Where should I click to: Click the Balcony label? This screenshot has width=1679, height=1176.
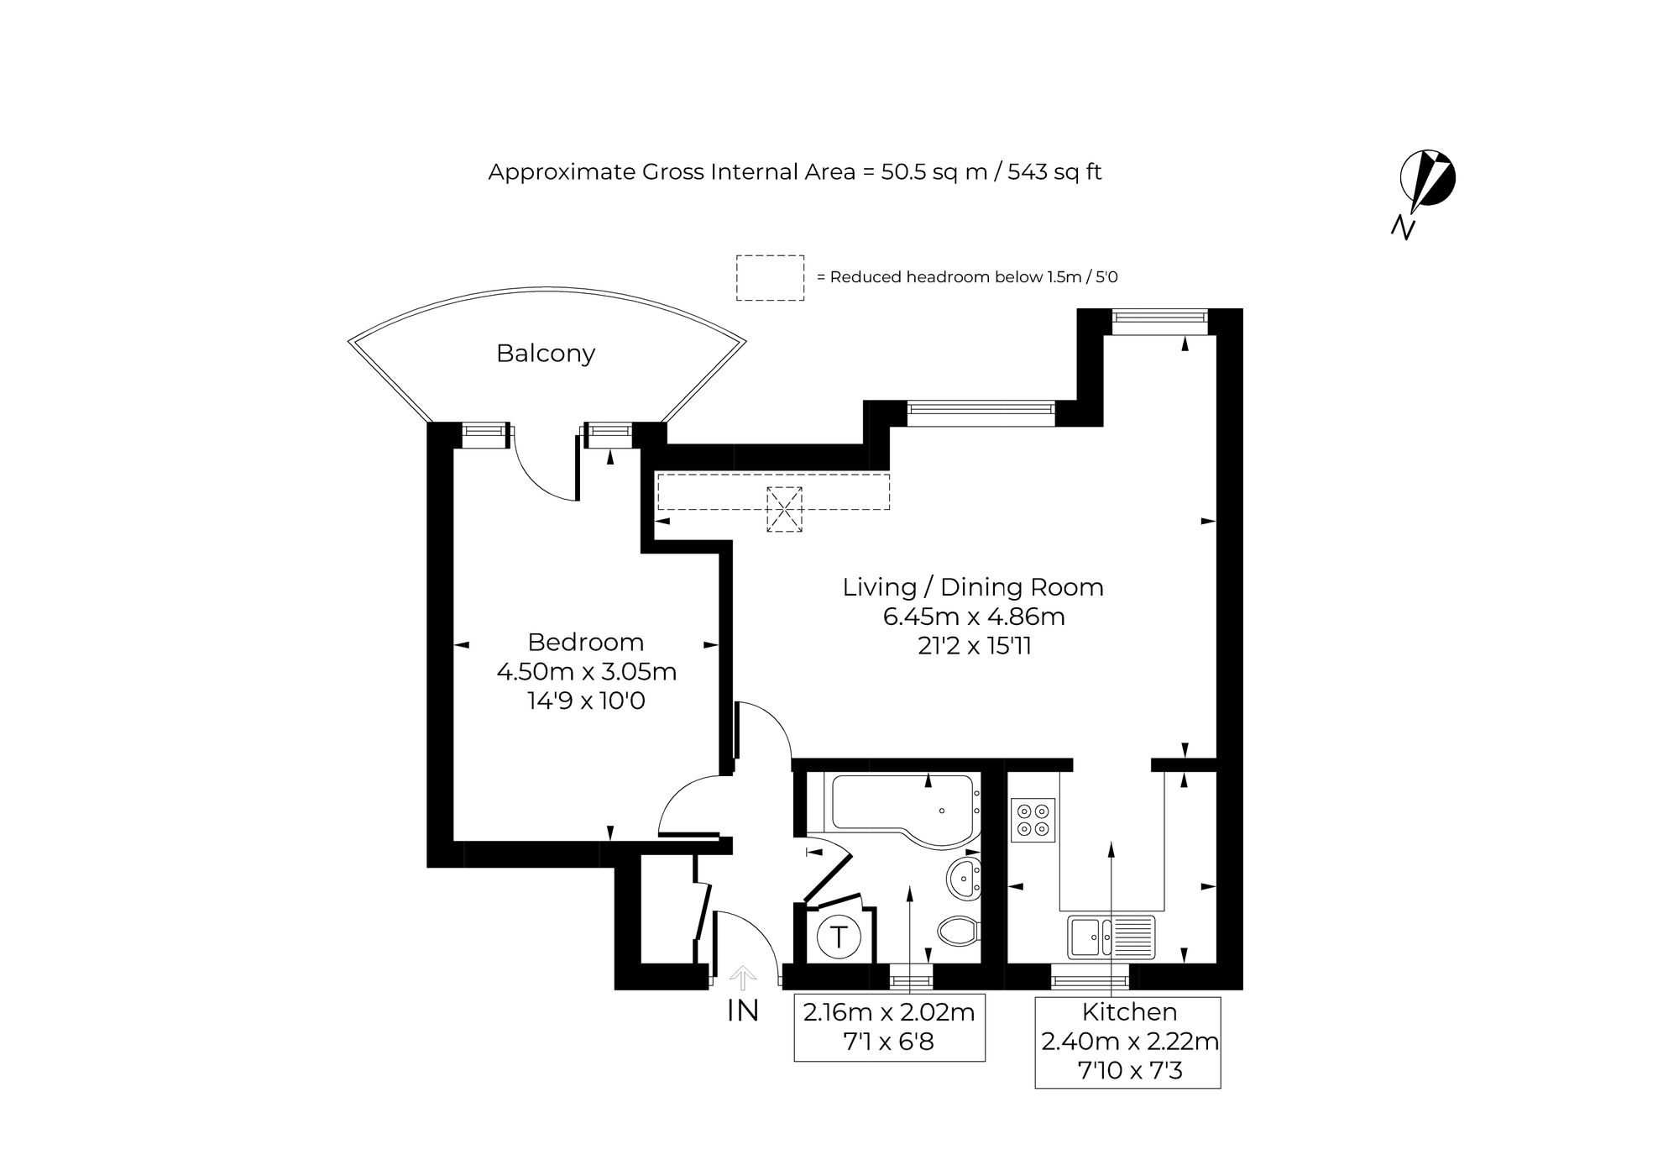click(x=546, y=354)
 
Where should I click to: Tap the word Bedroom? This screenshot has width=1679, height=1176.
click(x=586, y=642)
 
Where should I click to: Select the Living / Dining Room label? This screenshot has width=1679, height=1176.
click(x=973, y=587)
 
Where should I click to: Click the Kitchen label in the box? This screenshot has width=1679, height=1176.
click(x=1129, y=1011)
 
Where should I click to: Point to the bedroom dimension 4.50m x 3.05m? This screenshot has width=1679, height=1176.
click(x=587, y=672)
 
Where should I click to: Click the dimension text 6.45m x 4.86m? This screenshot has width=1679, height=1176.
click(x=974, y=617)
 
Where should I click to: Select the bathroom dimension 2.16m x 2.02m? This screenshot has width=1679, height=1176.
click(x=889, y=1012)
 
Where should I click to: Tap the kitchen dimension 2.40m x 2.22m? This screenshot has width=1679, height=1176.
click(x=1130, y=1042)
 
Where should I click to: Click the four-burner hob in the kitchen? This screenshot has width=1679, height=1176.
click(x=1033, y=820)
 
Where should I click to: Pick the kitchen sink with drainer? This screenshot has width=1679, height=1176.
click(x=1111, y=937)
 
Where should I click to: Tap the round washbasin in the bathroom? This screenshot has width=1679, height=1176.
click(x=965, y=879)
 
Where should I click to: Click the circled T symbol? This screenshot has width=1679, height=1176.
click(x=839, y=936)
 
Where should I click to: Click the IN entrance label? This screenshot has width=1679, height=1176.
click(x=743, y=1011)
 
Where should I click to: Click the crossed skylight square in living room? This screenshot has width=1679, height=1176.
click(x=785, y=509)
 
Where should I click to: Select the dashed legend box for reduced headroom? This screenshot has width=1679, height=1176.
click(x=771, y=278)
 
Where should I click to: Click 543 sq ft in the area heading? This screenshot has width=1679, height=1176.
click(x=1054, y=172)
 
